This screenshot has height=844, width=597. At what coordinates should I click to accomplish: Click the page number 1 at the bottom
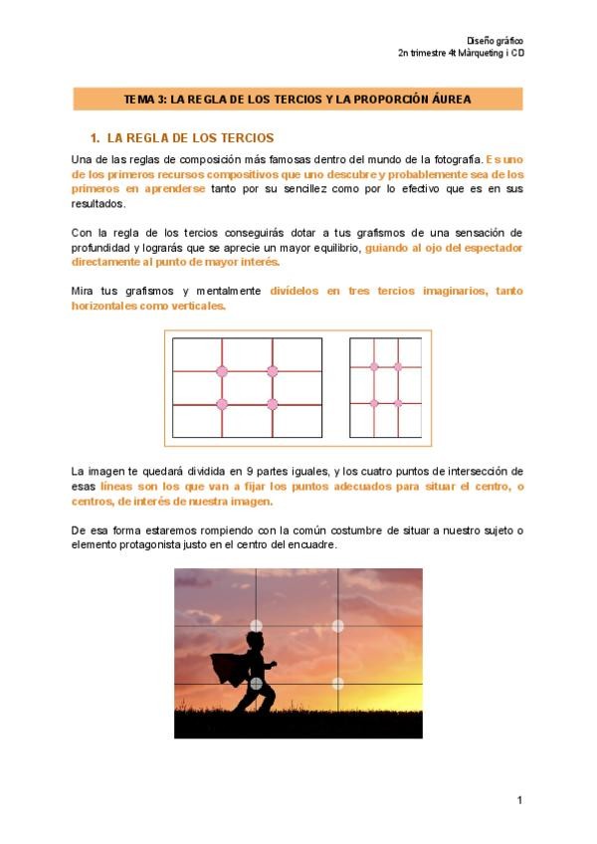[519, 799]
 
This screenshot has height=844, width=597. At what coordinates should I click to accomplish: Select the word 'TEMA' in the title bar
[138, 100]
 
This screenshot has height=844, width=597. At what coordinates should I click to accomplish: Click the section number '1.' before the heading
[96, 137]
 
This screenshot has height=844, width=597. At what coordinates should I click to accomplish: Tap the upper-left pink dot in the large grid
[222, 371]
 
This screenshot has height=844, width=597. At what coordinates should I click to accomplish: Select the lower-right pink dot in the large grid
[272, 404]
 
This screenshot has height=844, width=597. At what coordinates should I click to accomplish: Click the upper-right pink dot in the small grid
[398, 367]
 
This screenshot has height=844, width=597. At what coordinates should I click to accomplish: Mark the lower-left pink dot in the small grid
[374, 403]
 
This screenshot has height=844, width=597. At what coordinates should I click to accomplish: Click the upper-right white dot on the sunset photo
[337, 626]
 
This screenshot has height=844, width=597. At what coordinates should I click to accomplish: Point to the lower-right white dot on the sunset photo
[337, 683]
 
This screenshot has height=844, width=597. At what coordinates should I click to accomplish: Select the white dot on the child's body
[257, 684]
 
